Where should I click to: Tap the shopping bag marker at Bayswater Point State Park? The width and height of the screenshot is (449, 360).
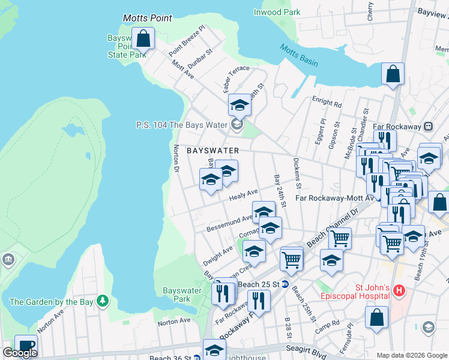click(x=144, y=40)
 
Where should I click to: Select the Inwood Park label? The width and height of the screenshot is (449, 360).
click(x=277, y=12)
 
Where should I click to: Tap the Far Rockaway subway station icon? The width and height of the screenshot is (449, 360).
click(x=429, y=127)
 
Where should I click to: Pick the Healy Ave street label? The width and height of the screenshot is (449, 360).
click(x=243, y=195)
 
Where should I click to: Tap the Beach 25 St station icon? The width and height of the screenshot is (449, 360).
click(x=285, y=284)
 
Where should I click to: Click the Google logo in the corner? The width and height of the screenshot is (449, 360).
click(x=20, y=353)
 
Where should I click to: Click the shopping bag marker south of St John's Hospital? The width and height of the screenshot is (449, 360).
click(x=376, y=318)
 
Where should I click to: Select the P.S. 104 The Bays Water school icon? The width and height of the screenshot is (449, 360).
click(x=237, y=125)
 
